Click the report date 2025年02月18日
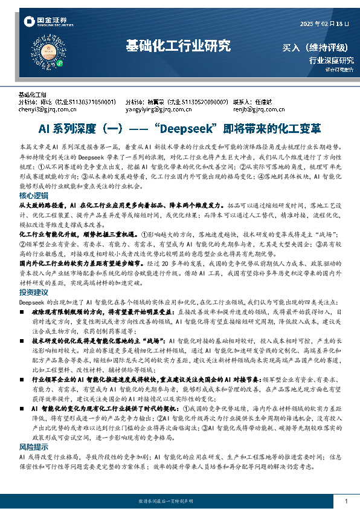(x=325, y=24)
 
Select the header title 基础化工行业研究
(x=178, y=45)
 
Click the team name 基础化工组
(x=33, y=95)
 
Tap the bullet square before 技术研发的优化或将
(x=22, y=342)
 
